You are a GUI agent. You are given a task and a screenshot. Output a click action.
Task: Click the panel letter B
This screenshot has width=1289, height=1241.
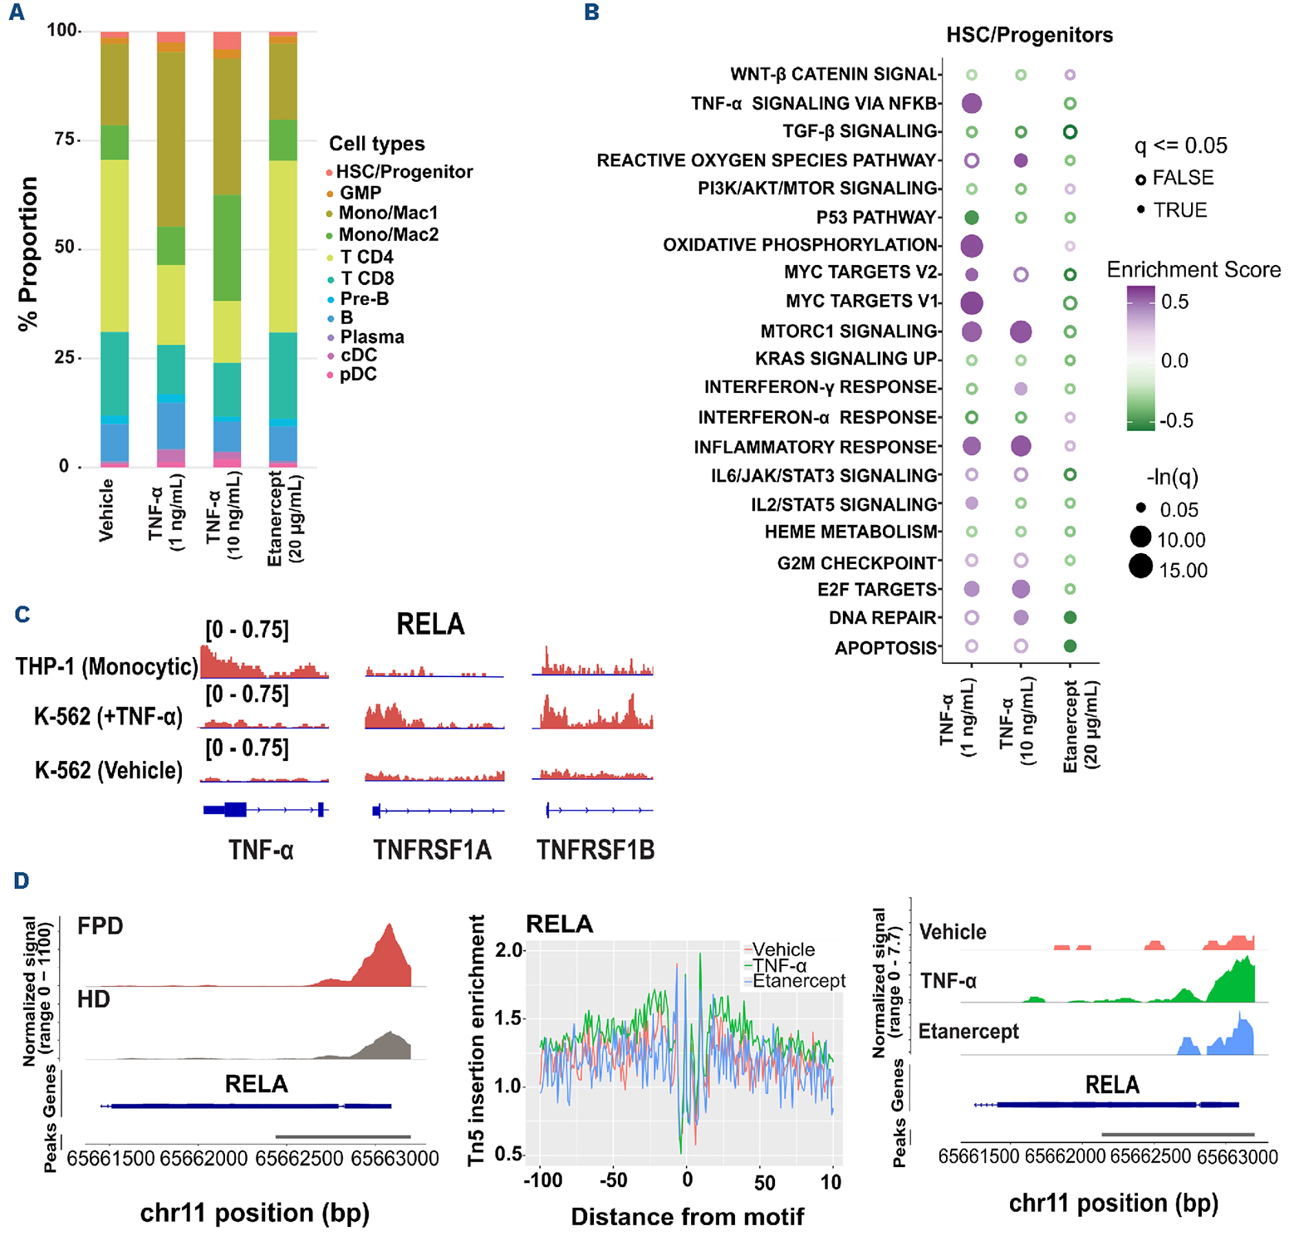(591, 12)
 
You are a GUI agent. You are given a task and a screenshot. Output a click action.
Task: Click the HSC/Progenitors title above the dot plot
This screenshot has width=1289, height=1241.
(1029, 35)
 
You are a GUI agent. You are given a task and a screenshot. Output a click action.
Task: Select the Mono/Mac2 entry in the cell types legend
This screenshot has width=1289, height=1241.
(388, 234)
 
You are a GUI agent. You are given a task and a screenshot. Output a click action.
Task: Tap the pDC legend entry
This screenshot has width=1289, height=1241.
(358, 375)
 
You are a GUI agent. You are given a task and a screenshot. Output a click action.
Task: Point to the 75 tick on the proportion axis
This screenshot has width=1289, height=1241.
(65, 139)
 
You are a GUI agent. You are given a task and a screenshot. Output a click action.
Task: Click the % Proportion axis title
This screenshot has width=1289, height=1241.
(28, 253)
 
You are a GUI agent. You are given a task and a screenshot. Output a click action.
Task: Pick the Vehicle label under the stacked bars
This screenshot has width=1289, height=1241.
(106, 510)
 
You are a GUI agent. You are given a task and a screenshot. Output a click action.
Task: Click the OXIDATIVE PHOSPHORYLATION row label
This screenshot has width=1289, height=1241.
(800, 245)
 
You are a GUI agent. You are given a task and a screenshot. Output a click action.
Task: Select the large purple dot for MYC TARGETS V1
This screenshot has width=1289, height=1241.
(971, 302)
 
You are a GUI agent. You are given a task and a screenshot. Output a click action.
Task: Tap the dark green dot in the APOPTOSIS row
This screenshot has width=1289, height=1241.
(1070, 646)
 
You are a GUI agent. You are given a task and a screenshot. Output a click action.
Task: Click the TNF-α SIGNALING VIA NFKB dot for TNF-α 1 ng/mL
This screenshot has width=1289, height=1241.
(971, 104)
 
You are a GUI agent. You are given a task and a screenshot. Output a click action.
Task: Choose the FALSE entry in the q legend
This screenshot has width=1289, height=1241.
(1183, 178)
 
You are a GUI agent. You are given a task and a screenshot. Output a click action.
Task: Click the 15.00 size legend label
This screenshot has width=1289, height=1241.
(1183, 571)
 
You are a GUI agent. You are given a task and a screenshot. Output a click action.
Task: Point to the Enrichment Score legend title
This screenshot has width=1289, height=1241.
(1193, 270)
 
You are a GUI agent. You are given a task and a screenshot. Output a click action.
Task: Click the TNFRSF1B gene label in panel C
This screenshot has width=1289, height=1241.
(595, 850)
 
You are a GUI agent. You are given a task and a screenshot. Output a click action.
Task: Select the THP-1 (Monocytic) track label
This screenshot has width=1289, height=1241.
(106, 666)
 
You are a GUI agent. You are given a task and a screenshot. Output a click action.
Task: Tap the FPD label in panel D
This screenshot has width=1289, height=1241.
(100, 925)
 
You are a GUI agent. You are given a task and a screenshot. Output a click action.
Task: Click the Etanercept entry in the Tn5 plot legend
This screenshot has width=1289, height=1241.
(798, 981)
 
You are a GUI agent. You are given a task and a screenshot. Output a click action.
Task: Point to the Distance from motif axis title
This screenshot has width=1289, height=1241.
(687, 1217)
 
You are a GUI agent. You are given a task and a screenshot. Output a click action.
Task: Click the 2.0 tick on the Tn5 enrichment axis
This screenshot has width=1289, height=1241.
(510, 949)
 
